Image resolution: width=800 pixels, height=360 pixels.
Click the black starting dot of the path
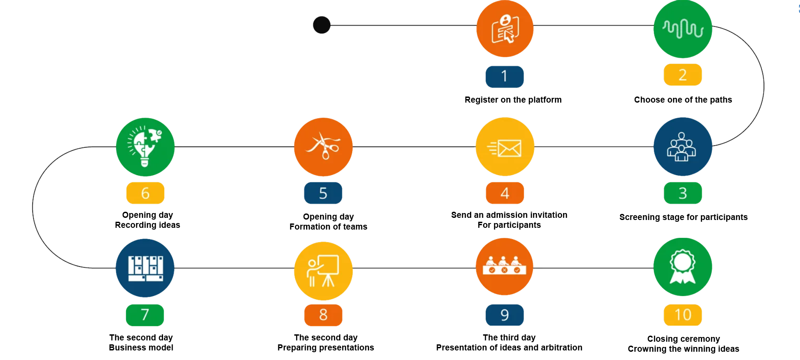322,25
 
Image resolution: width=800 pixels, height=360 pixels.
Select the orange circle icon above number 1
505,29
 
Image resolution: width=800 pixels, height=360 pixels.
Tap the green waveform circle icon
683,29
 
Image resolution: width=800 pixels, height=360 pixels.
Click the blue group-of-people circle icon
683,147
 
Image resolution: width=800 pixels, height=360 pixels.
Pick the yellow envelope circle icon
505,147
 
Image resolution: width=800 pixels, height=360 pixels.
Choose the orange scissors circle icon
323,147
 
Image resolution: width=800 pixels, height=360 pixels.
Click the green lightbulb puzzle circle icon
145,147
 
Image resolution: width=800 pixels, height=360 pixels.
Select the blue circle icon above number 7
145,267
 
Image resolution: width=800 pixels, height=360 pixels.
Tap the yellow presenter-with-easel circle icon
323,270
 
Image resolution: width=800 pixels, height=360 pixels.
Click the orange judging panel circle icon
505,267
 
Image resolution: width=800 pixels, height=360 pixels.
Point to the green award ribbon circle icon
683,267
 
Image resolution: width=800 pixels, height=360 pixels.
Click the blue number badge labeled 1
504,77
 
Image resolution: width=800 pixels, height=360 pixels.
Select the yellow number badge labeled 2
683,75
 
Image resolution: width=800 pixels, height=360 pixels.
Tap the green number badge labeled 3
683,193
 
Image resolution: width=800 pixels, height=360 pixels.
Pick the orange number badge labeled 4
505,193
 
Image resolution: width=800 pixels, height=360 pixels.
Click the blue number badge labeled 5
323,193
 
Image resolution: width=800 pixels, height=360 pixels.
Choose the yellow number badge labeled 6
145,193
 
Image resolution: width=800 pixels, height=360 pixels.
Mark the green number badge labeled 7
145,315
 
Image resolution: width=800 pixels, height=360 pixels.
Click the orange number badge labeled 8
323,315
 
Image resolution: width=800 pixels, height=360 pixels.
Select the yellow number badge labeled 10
683,315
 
